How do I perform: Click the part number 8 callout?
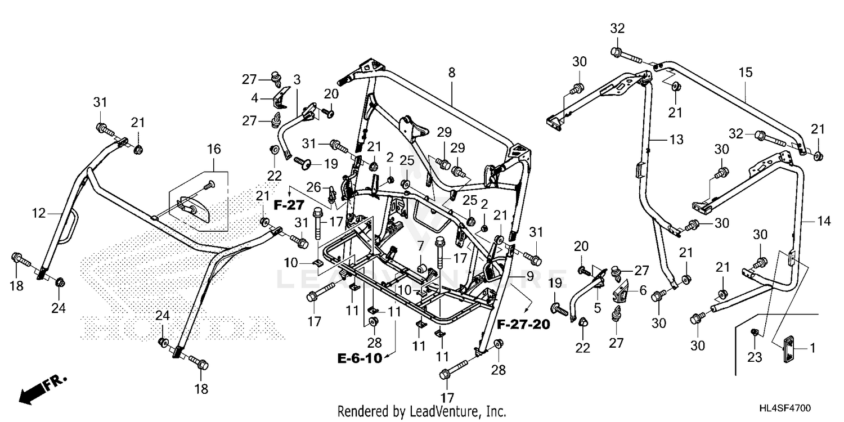coord(451,72)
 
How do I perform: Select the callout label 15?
coord(746,72)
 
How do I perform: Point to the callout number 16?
coord(214,149)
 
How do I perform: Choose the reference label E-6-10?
coord(360,358)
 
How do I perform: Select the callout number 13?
coord(677,140)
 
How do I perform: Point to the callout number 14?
coord(824,222)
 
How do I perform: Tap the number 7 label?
coord(420,245)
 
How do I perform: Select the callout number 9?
coord(529,277)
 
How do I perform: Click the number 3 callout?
coord(297,79)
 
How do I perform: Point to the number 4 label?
coord(255,97)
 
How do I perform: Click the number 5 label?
coord(597,308)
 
